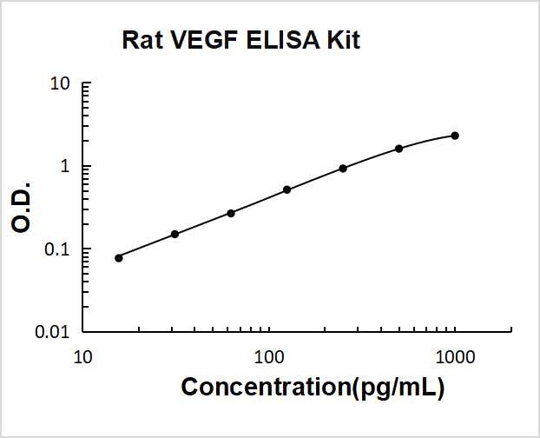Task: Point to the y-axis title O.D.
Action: (x=22, y=207)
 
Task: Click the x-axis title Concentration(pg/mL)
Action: (x=313, y=388)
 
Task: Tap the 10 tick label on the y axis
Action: (x=60, y=84)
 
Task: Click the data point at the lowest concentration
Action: (x=119, y=258)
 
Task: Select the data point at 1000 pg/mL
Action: (x=455, y=136)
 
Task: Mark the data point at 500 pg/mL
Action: (x=399, y=149)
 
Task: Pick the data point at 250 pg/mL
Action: (x=343, y=169)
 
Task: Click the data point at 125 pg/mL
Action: (x=287, y=189)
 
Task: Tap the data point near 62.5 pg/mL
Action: (x=231, y=213)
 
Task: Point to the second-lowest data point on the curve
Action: (x=175, y=235)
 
